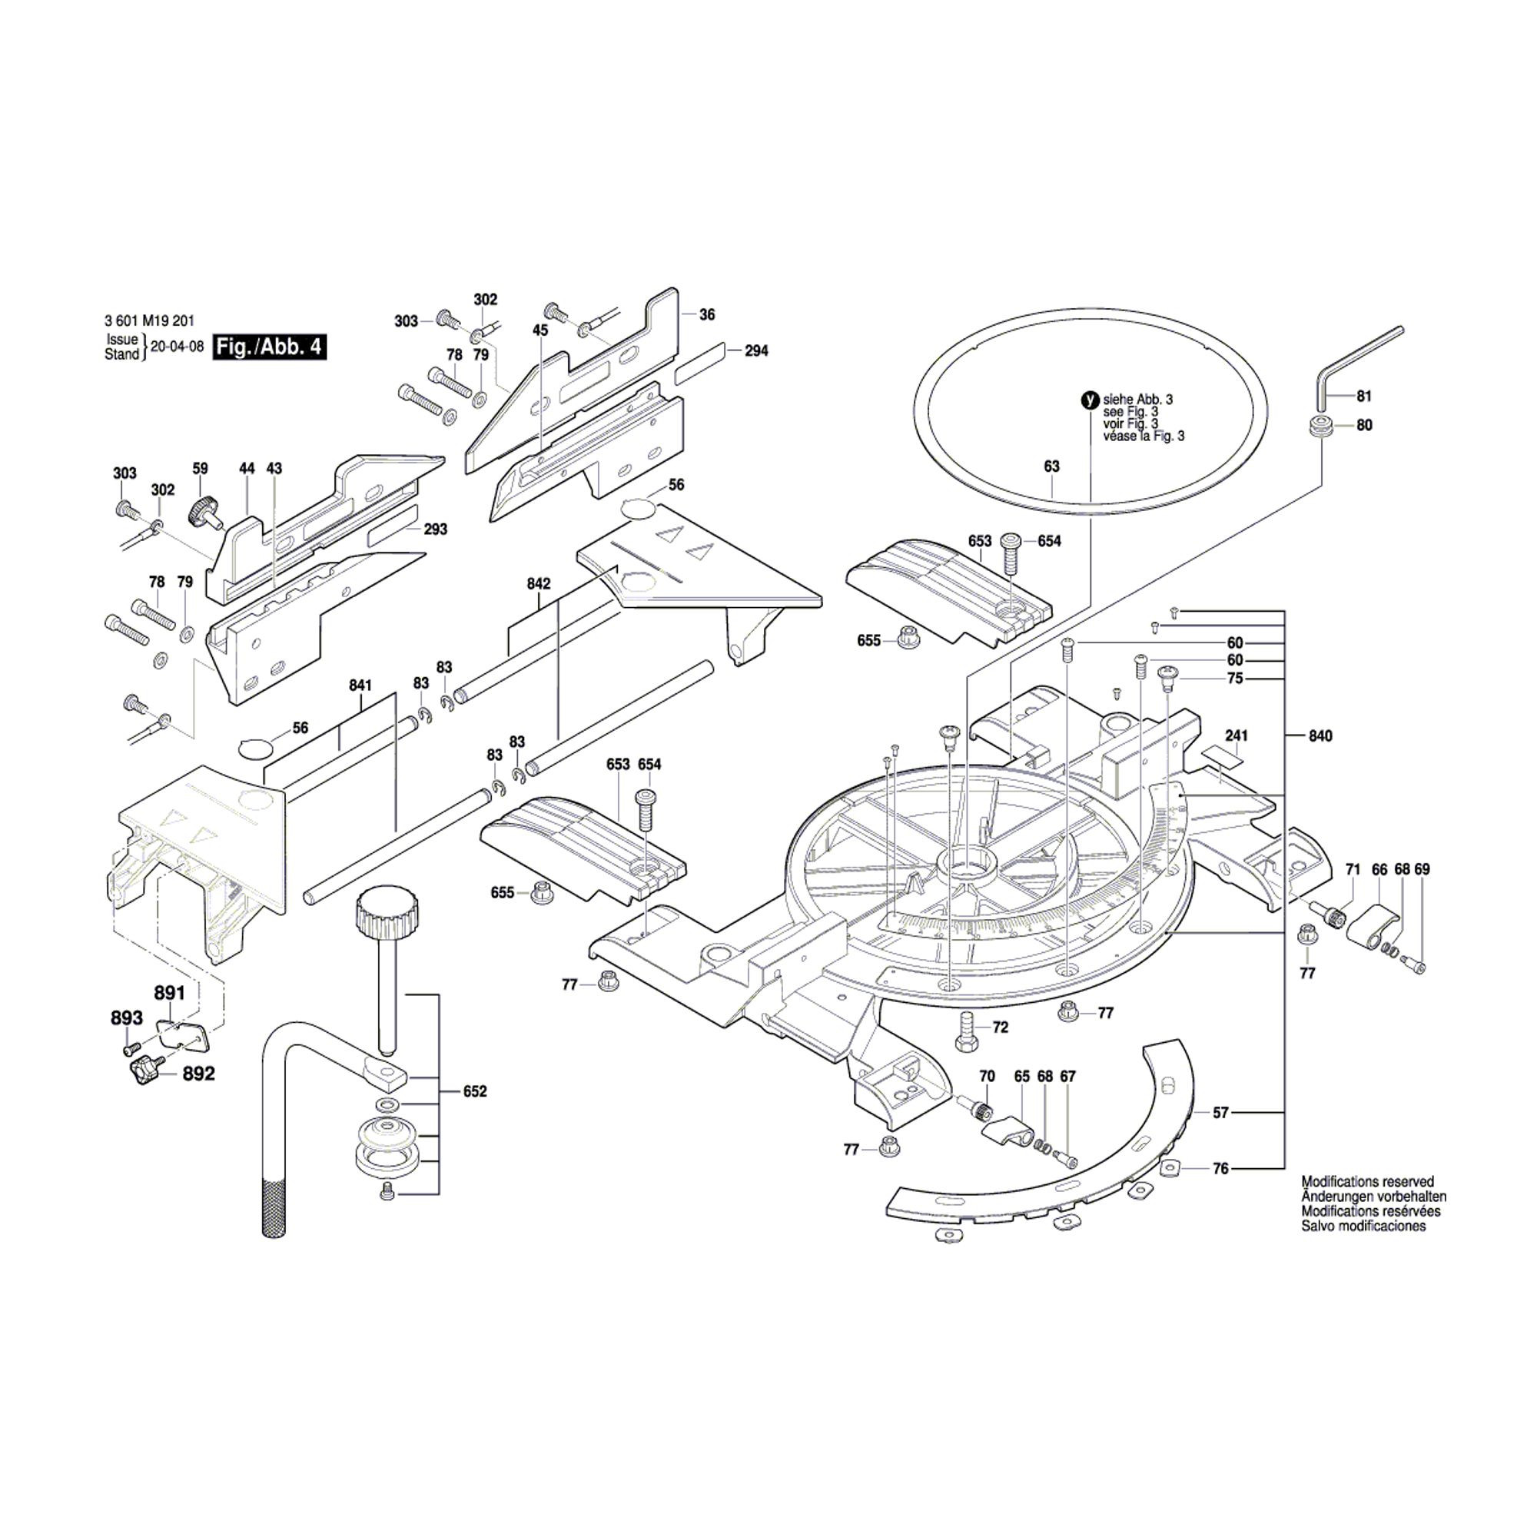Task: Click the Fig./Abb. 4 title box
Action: [269, 347]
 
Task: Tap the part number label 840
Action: [1320, 736]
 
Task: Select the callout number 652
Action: [475, 1091]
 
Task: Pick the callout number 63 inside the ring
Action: [1052, 466]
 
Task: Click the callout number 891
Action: [169, 993]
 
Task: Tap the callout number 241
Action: [1237, 736]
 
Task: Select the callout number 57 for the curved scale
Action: [1220, 1113]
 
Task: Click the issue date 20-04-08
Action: [178, 347]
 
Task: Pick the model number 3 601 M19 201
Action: [149, 321]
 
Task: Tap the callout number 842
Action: [539, 583]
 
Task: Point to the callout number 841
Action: [360, 685]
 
